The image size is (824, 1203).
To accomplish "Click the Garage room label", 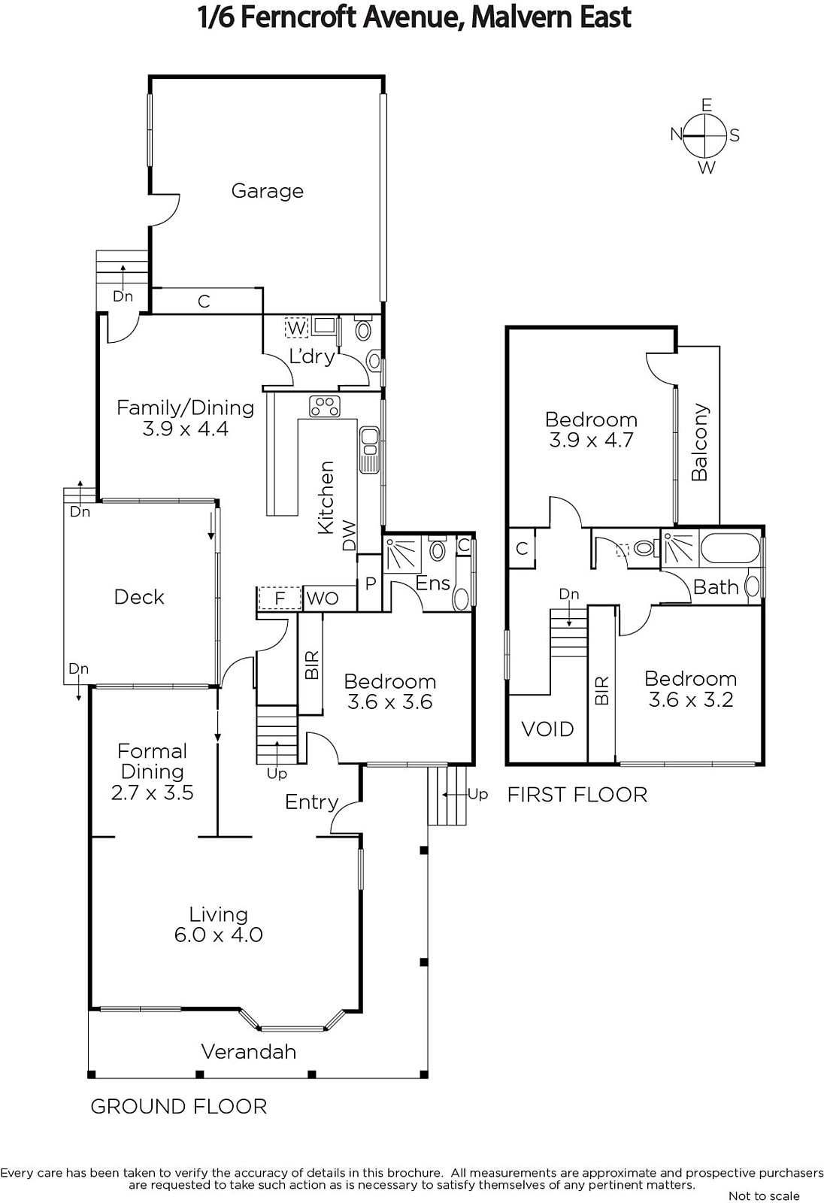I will tap(267, 191).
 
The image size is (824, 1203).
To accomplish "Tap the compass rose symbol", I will tap(705, 135).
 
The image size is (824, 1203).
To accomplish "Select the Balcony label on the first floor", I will tap(700, 442).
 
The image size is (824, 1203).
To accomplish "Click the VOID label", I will tap(547, 729).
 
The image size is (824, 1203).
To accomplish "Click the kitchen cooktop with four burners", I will tap(325, 406).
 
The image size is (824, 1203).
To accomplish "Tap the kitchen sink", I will tap(369, 450).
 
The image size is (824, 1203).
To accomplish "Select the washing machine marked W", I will tap(296, 328).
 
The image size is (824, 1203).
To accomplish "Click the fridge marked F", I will tap(280, 598).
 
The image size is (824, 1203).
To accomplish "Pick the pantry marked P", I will tap(370, 583).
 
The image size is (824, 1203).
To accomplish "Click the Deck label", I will tap(139, 597).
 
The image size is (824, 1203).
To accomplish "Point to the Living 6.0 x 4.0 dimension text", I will tap(218, 935).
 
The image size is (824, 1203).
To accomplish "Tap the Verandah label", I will tap(248, 1051).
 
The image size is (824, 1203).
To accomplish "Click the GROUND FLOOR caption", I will tap(178, 1106).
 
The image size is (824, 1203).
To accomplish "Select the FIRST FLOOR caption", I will tap(577, 795).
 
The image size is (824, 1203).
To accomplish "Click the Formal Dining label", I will tap(153, 761).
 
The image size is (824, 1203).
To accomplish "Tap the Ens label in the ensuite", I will tap(433, 583).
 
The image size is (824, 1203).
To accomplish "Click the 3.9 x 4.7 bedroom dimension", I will tap(591, 440).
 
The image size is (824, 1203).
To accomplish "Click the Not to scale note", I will tap(764, 1195).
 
